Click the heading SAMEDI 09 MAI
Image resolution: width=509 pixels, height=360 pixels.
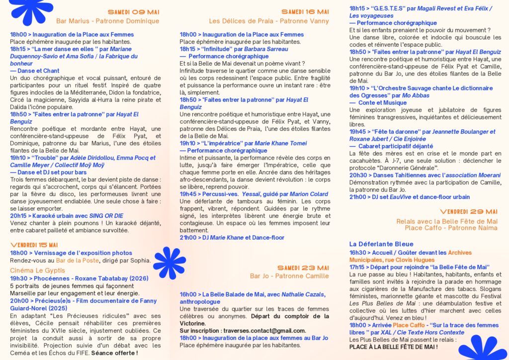point(133,12)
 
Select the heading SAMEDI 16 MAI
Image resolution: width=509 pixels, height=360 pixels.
point(305,12)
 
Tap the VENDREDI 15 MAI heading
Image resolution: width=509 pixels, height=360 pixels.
point(34,245)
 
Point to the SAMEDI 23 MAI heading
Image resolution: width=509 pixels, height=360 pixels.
point(303,268)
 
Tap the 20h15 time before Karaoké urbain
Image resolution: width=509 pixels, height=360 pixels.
point(18,216)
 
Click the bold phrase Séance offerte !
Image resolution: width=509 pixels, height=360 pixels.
point(115,353)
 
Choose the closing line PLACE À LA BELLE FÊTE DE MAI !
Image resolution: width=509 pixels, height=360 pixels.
point(393,347)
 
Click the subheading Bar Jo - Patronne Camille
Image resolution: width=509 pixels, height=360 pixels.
point(289,276)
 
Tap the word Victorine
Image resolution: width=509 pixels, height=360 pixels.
point(196,323)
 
